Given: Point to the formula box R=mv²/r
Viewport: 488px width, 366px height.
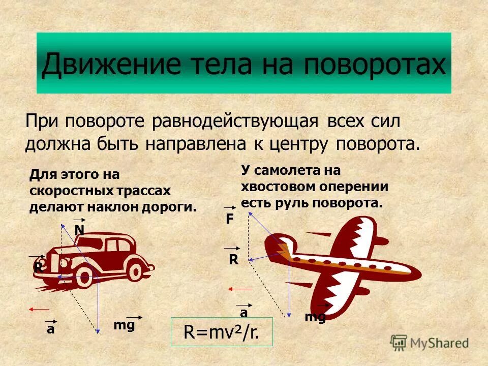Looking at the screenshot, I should point(222,332).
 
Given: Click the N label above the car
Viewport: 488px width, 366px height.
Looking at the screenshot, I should point(79,231).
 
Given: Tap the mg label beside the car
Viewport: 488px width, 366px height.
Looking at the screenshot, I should point(124,325).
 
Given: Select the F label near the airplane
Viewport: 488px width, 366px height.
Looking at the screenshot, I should point(230,219).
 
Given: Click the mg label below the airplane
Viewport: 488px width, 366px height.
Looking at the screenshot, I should point(315,317).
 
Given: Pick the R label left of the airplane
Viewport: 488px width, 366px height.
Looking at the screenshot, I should point(233,260).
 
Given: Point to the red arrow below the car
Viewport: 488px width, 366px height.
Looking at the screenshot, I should point(39,309).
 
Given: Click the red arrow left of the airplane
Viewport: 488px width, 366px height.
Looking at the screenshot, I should point(240,289).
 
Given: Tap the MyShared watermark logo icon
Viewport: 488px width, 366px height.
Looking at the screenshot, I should point(399,342).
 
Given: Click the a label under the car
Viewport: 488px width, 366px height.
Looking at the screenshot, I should point(50,329).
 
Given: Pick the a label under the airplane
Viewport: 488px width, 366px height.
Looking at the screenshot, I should point(245,313).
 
